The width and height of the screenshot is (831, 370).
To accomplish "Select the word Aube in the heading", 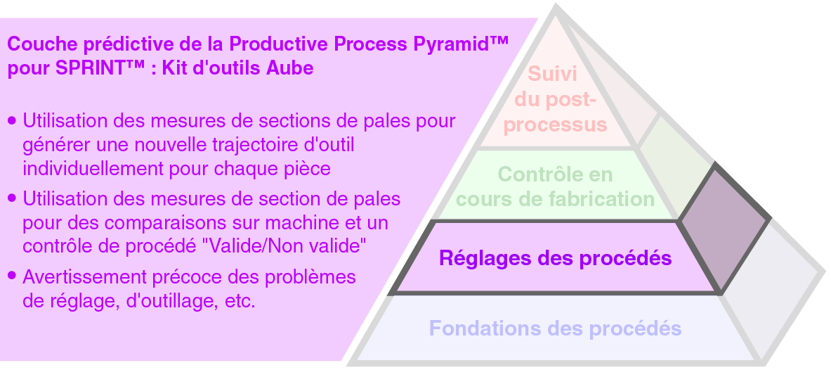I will (x=294, y=70).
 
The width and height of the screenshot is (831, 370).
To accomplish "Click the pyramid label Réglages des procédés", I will (x=555, y=258).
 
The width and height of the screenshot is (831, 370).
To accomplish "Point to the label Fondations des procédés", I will (x=555, y=328).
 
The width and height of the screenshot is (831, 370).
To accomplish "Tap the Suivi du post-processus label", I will (x=556, y=99).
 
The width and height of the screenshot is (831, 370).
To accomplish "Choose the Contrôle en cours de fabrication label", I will (x=555, y=186).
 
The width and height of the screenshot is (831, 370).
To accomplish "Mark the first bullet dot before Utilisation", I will (x=11, y=121).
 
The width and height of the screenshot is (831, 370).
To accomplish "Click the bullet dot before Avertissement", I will (x=11, y=276).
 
